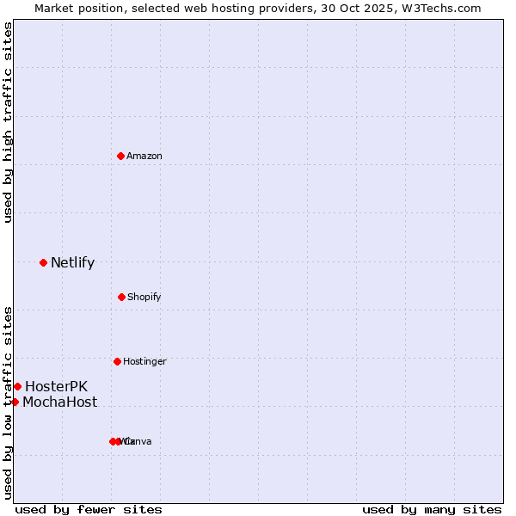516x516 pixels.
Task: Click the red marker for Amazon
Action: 121,156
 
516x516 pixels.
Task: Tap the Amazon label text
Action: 144,156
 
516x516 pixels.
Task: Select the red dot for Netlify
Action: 43,262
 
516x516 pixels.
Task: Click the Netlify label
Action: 72,262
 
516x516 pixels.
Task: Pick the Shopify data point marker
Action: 121,297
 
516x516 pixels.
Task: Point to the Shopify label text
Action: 144,297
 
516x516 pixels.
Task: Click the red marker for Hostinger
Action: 117,361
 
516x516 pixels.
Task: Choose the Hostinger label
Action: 144,361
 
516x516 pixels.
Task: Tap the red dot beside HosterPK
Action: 17,386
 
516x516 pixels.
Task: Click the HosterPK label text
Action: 56,386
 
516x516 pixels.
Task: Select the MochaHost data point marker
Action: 15,402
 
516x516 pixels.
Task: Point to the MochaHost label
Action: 59,402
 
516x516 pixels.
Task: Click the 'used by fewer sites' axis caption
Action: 89,509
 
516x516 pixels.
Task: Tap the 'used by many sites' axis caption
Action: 432,509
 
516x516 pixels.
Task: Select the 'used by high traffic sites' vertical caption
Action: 8,122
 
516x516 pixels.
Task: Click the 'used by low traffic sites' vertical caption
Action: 8,402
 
